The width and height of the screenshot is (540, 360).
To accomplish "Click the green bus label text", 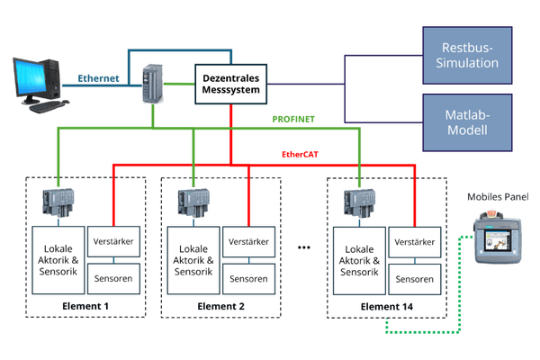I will [x=292, y=118].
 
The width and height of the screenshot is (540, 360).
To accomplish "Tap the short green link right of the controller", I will [x=181, y=85].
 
